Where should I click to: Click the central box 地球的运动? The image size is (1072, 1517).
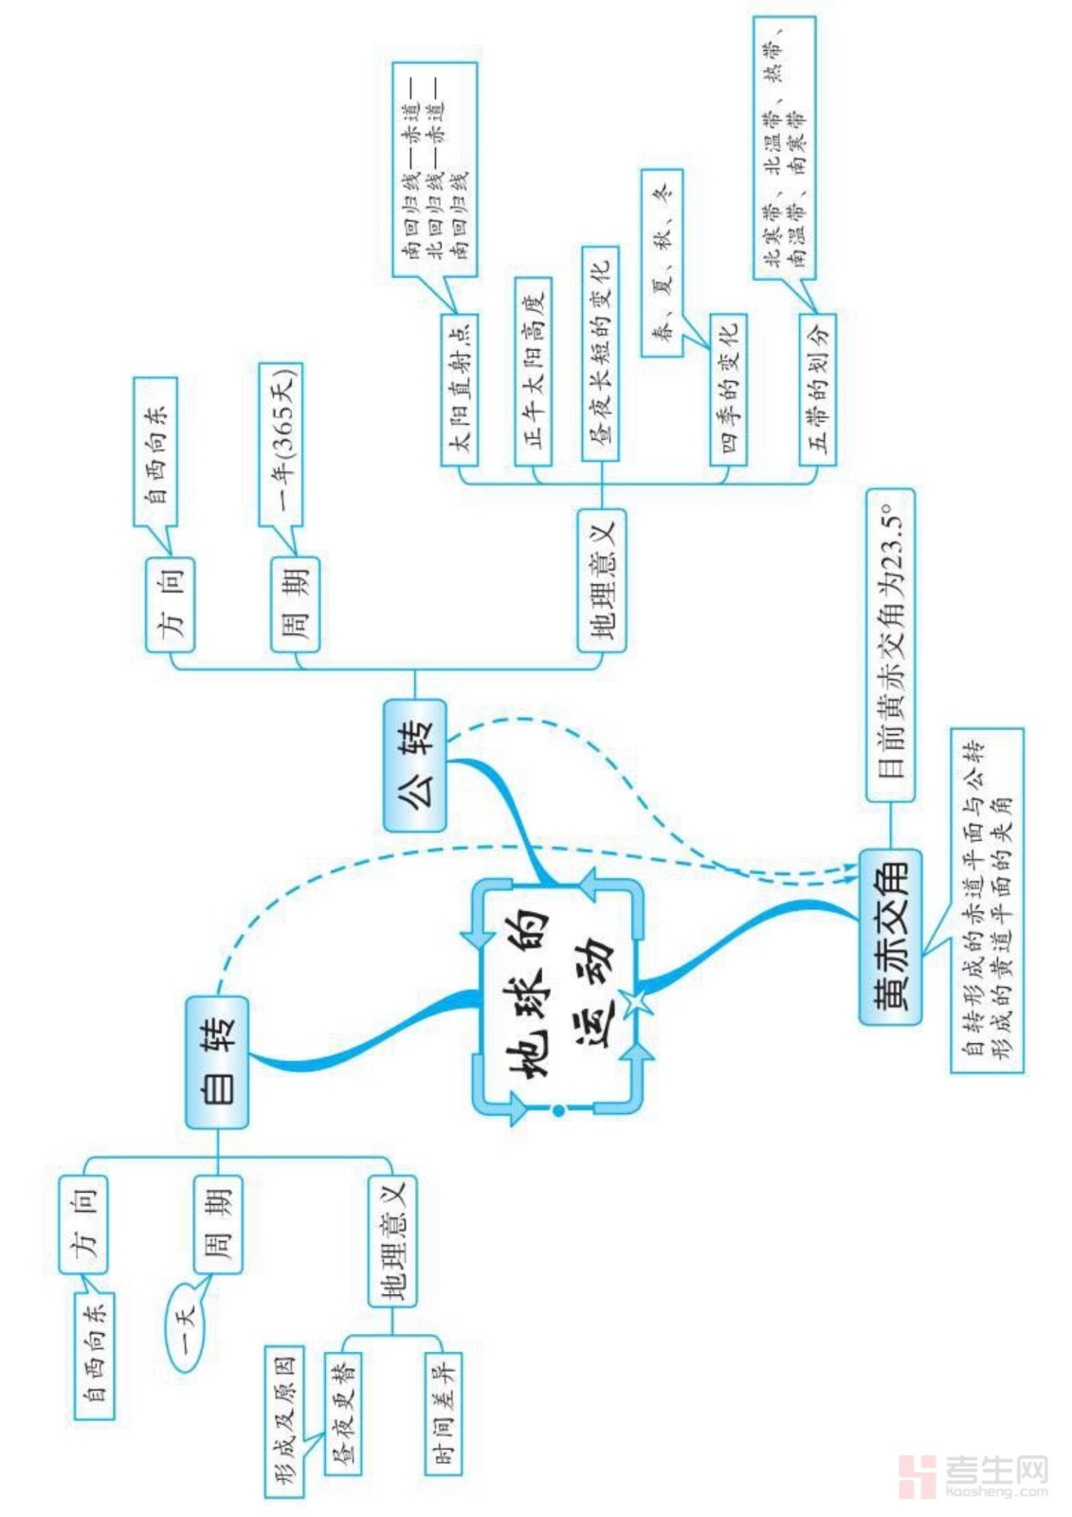tap(557, 996)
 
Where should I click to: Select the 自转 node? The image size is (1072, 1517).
tap(217, 1062)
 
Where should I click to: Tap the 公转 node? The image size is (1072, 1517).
tap(415, 765)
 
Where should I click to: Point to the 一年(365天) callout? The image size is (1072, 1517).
tap(282, 444)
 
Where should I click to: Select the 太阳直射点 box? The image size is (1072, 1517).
tap(460, 389)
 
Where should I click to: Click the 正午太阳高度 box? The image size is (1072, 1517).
tap(533, 371)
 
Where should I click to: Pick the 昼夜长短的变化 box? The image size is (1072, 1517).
tap(600, 353)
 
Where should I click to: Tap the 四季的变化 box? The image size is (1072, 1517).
tap(728, 390)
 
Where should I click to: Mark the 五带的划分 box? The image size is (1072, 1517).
tap(817, 389)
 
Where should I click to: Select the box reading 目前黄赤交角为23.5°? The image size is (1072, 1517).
tap(891, 645)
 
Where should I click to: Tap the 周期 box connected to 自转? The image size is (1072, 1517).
tap(218, 1224)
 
